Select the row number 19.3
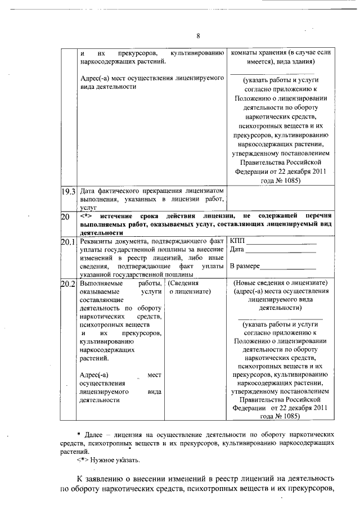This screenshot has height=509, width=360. click(x=68, y=191)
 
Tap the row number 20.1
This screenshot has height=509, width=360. click(x=68, y=242)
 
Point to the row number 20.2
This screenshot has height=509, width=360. click(x=68, y=284)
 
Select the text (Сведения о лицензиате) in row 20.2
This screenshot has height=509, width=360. click(x=188, y=288)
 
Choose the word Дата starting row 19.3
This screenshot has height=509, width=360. click(x=89, y=191)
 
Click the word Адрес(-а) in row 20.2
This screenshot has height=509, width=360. click(x=94, y=374)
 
